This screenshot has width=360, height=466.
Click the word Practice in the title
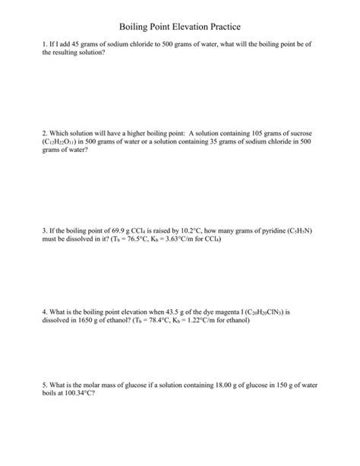coord(222,27)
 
